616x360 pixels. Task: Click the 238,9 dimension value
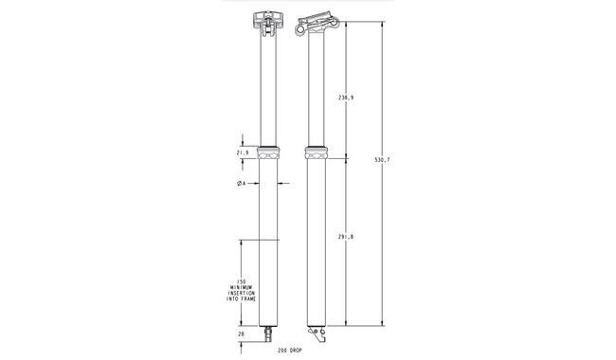pos(346,98)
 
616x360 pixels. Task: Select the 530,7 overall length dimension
pos(382,160)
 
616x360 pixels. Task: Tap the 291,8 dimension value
pos(346,237)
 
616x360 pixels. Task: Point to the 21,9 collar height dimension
pos(243,153)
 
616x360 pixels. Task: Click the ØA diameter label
pos(242,184)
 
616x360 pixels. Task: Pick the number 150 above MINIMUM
pos(242,282)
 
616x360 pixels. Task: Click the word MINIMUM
pos(242,288)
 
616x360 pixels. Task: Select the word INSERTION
pos(242,294)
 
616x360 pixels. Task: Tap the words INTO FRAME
pos(242,299)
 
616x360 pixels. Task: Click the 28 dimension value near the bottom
pos(242,334)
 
